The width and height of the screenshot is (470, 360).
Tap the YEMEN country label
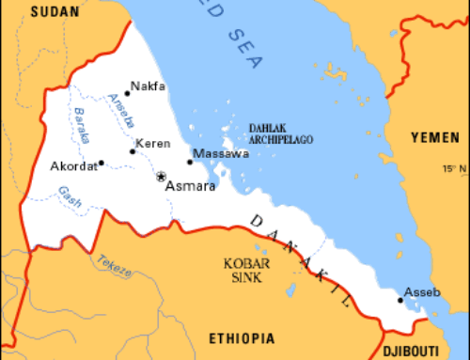coord(435,137)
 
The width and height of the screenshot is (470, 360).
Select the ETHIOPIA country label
coord(242,337)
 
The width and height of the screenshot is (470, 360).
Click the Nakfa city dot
coord(127,93)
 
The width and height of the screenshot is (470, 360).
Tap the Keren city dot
coord(133,152)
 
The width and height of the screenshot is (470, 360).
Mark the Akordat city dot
coord(101,163)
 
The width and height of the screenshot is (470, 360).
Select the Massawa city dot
coord(189,162)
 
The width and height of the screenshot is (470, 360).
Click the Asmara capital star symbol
coord(161,176)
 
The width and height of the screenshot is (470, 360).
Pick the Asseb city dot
coord(400,300)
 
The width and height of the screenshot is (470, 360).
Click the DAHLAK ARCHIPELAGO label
coord(280,133)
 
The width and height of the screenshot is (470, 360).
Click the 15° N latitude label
coord(456,169)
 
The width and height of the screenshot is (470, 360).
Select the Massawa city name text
coord(221,152)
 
